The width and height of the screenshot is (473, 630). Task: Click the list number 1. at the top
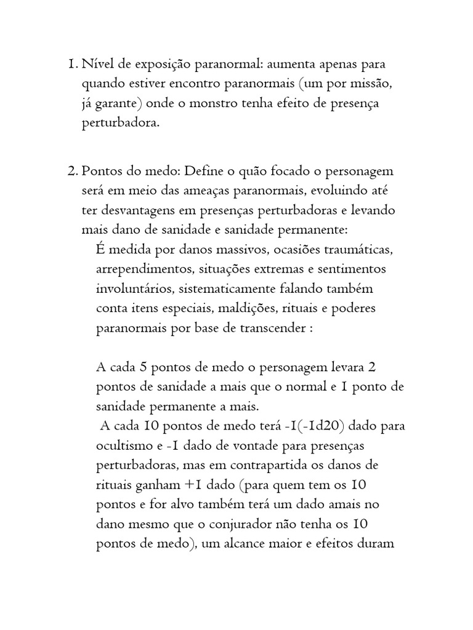tap(72, 64)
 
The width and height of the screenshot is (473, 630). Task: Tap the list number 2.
tap(72, 170)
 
